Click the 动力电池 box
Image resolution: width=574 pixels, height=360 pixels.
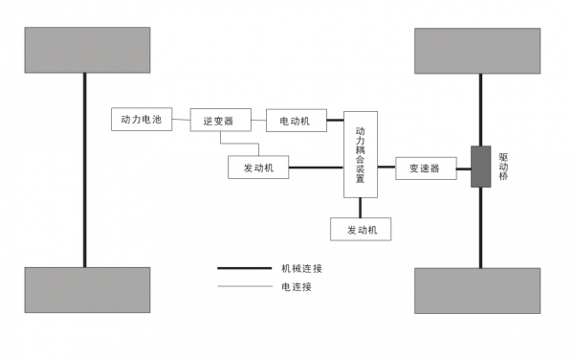point(142,121)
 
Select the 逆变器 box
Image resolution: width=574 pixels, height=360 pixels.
point(220,121)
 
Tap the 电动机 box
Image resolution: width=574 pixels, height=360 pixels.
point(296,121)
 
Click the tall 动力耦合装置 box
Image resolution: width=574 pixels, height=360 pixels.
point(360,154)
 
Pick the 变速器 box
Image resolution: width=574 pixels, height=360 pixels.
point(425,168)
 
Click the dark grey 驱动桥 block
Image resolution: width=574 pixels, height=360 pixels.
point(480,167)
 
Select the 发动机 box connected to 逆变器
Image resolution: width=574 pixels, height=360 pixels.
point(258,168)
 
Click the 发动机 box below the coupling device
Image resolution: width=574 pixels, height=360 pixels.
point(361,230)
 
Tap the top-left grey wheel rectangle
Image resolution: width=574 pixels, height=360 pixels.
point(87,50)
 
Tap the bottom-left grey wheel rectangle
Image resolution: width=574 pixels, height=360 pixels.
point(87,289)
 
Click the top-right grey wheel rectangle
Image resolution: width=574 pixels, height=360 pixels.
point(479,51)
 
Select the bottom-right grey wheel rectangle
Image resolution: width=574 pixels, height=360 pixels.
point(479,290)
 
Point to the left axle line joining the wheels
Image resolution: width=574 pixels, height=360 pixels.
point(86,172)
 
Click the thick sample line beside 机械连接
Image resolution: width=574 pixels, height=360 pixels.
point(245,269)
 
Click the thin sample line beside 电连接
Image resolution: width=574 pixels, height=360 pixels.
point(245,286)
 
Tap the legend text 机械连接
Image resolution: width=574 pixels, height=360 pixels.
point(302,269)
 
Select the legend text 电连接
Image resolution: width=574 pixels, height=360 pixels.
point(297,286)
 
